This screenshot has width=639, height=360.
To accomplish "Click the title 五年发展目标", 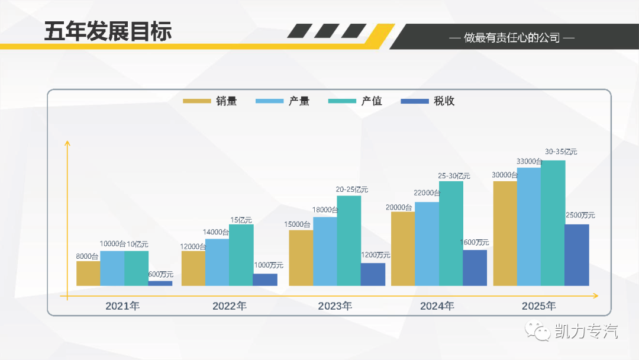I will click(108, 31).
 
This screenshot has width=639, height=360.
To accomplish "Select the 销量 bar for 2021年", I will click(88, 274).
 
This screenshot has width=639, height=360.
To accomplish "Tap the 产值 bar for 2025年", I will click(553, 223).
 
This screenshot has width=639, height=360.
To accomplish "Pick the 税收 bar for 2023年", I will click(373, 274).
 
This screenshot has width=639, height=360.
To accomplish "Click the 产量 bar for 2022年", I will click(217, 262).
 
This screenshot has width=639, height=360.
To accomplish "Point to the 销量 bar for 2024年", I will click(403, 249).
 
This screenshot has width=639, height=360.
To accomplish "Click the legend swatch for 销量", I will click(197, 101).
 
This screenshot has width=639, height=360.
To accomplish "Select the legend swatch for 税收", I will click(415, 101).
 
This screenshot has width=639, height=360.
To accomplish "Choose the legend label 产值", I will click(372, 101).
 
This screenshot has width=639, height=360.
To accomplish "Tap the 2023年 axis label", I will click(335, 306).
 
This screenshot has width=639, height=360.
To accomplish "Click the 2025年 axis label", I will click(539, 306).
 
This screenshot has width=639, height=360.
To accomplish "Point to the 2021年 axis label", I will click(122, 306).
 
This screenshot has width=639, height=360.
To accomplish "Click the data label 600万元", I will click(160, 275).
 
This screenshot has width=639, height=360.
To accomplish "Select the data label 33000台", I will click(530, 161).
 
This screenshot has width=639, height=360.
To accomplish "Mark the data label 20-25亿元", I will click(352, 189).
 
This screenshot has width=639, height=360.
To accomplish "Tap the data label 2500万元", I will click(580, 215).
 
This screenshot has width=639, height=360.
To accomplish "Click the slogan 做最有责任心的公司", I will click(512, 38).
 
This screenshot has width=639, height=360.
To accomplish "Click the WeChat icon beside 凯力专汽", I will click(538, 331).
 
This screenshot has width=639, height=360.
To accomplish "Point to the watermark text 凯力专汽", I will click(586, 331).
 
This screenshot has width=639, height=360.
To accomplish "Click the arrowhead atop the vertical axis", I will click(67, 143).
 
